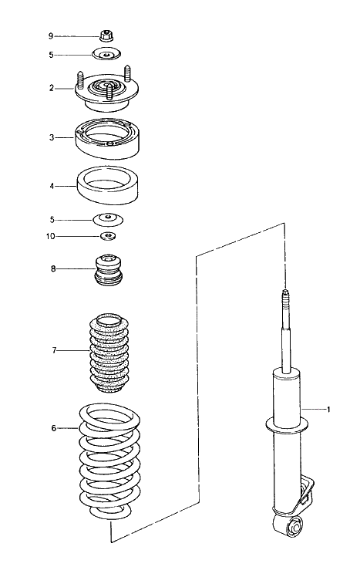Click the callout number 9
pyautogui.click(x=51, y=35)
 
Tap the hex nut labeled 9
pyautogui.click(x=107, y=35)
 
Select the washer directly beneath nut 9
pyautogui.click(x=106, y=55)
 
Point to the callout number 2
pyautogui.click(x=51, y=88)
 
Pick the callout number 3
pyautogui.click(x=51, y=138)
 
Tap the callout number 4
pyautogui.click(x=51, y=186)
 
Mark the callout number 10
pyautogui.click(x=51, y=236)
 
